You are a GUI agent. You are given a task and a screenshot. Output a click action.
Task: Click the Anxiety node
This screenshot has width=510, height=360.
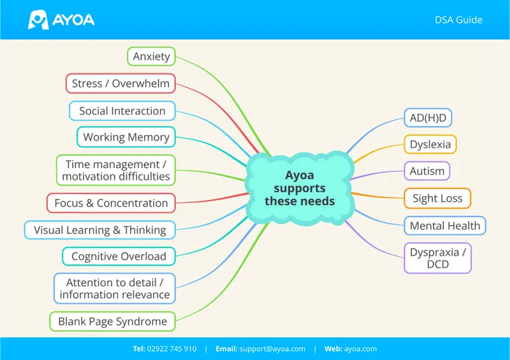(x=151, y=56)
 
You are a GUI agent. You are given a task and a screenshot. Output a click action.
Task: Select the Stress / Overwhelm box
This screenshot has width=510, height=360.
(x=120, y=83)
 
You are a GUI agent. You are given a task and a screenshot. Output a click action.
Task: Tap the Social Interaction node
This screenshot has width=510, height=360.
(x=122, y=111)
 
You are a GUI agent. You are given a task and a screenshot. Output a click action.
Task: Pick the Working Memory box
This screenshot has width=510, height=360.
(x=126, y=137)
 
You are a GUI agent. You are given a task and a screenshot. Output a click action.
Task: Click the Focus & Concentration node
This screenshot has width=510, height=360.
(x=111, y=203)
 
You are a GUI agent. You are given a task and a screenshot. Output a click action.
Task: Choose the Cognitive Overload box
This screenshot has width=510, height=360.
(x=119, y=256)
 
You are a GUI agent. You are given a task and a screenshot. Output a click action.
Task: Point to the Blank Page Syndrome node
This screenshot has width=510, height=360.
(x=113, y=321)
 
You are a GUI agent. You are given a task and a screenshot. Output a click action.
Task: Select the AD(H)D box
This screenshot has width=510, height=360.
(x=428, y=118)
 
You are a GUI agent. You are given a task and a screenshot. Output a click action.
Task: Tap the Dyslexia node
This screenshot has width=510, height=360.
(x=430, y=144)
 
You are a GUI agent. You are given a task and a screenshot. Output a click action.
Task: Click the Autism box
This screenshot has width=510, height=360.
(x=427, y=171)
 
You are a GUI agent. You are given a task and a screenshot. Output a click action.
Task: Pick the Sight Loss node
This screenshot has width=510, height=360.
(x=437, y=198)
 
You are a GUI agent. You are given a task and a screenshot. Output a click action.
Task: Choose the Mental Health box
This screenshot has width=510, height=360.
(x=445, y=226)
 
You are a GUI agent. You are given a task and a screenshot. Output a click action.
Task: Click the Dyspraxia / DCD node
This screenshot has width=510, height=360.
(x=438, y=258)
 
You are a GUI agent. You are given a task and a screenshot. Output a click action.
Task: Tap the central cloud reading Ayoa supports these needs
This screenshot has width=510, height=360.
(x=300, y=189)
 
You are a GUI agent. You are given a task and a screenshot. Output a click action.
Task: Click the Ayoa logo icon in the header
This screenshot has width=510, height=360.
(x=38, y=20)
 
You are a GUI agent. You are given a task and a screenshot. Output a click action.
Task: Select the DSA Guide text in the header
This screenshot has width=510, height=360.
(x=458, y=20)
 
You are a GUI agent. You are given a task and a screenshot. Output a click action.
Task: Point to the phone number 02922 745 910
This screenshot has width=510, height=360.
(x=171, y=349)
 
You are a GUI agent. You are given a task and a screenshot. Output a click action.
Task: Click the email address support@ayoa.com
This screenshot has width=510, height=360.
(x=273, y=349)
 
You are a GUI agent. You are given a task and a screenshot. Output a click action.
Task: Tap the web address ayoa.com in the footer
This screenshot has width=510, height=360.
(x=360, y=349)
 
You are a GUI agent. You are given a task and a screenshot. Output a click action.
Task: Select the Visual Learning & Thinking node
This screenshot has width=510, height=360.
(x=100, y=230)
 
